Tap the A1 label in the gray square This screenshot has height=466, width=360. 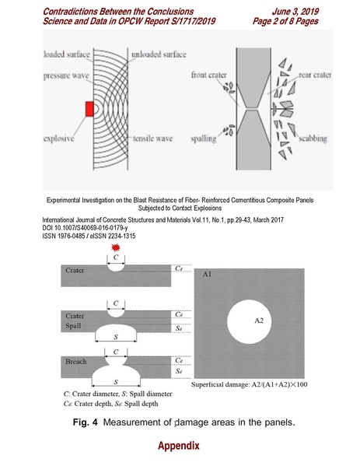click(x=208, y=275)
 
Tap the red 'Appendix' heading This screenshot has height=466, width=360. click(x=179, y=447)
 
